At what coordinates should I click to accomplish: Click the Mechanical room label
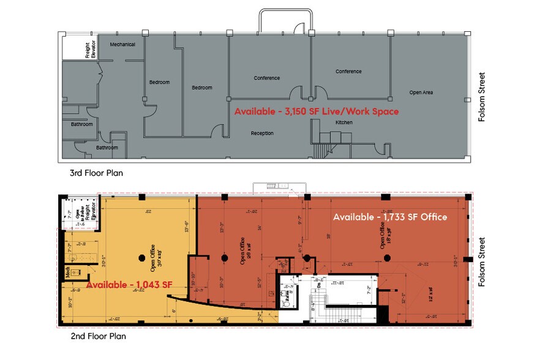click(x=122, y=45)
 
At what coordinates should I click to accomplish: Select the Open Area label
click(x=421, y=92)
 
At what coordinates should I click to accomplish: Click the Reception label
click(x=262, y=133)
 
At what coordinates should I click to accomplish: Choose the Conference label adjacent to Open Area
click(x=348, y=72)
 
